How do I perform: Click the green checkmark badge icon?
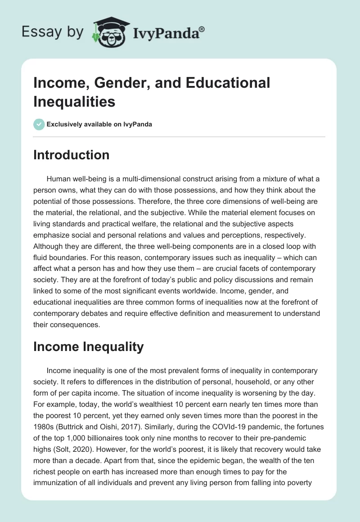(x=39, y=124)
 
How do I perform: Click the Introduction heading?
(x=71, y=155)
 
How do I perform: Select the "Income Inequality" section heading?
(x=88, y=346)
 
